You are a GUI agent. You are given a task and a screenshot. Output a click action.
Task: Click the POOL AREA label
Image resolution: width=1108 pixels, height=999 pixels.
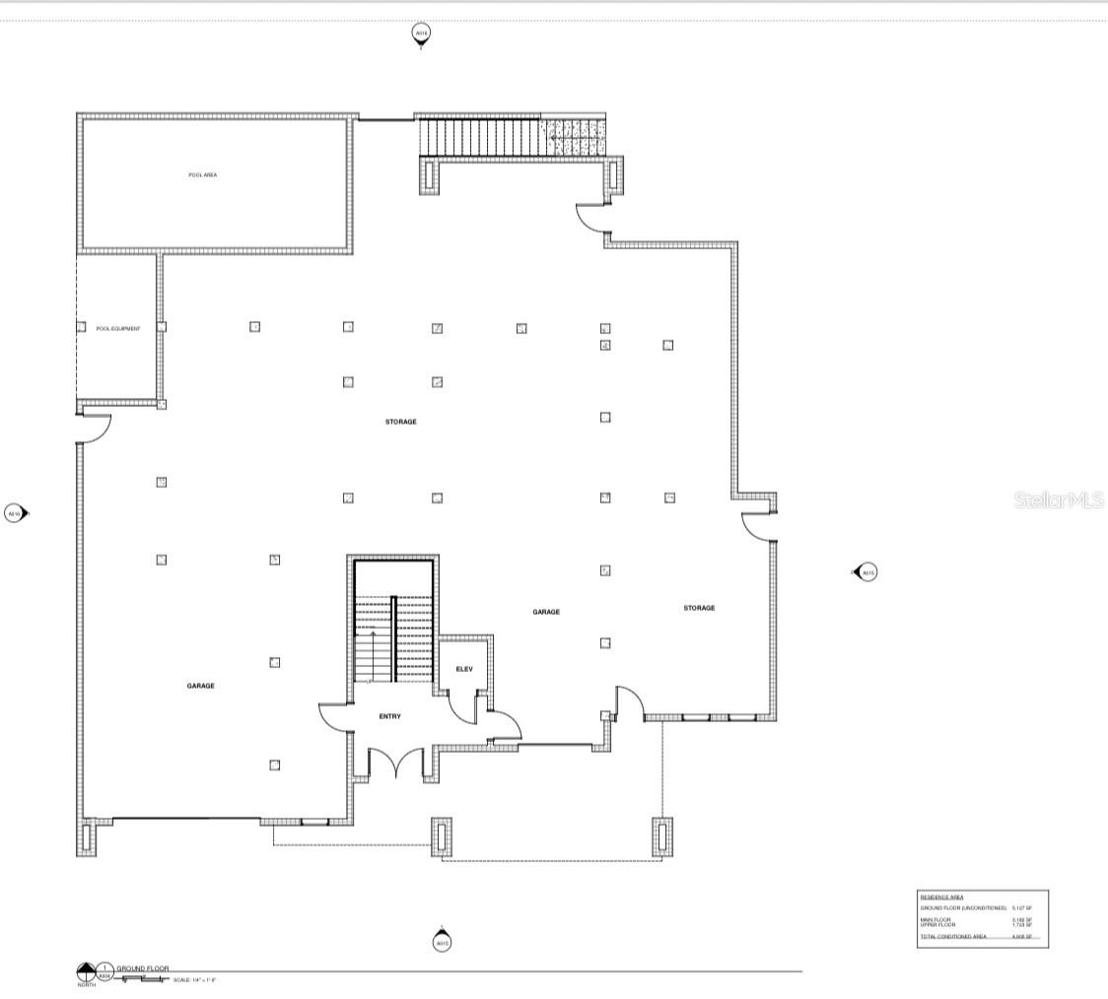click(x=202, y=174)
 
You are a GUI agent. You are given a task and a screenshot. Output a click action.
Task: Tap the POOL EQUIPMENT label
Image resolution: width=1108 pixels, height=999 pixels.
click(x=117, y=328)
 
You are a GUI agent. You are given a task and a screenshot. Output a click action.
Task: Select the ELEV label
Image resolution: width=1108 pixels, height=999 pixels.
click(x=463, y=669)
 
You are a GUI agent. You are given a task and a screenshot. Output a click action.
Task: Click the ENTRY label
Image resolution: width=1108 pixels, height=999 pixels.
click(x=389, y=716)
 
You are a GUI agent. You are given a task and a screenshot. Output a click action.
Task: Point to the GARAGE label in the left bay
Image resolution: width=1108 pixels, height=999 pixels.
click(x=200, y=686)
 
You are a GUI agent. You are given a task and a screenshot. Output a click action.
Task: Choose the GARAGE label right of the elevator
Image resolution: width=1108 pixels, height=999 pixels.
click(x=546, y=612)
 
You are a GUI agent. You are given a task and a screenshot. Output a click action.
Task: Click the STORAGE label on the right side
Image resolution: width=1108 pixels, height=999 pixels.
click(x=699, y=608)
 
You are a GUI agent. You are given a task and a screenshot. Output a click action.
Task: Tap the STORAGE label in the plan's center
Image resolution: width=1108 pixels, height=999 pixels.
click(x=400, y=422)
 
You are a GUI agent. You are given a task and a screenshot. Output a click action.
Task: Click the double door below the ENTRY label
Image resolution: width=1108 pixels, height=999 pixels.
click(x=395, y=763)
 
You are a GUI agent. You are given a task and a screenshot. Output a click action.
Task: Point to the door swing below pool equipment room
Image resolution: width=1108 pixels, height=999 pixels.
click(x=96, y=430)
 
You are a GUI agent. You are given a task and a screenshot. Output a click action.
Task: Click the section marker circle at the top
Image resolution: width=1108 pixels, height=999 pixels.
click(x=421, y=34)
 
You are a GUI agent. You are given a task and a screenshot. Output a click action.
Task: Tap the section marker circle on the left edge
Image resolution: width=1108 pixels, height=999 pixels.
click(x=14, y=513)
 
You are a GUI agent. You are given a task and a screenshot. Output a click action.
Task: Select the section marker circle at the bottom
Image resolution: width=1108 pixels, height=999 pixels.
click(x=442, y=943)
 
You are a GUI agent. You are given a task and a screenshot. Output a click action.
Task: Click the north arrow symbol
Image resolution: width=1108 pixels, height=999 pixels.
click(x=86, y=972)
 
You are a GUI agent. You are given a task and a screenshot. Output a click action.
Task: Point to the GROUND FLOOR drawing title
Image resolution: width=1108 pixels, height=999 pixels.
click(x=143, y=969)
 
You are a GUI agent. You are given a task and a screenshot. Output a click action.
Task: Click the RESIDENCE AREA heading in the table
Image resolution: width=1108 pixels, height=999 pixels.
click(x=941, y=898)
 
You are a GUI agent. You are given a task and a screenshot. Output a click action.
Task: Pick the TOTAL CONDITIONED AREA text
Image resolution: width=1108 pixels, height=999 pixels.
click(x=952, y=936)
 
